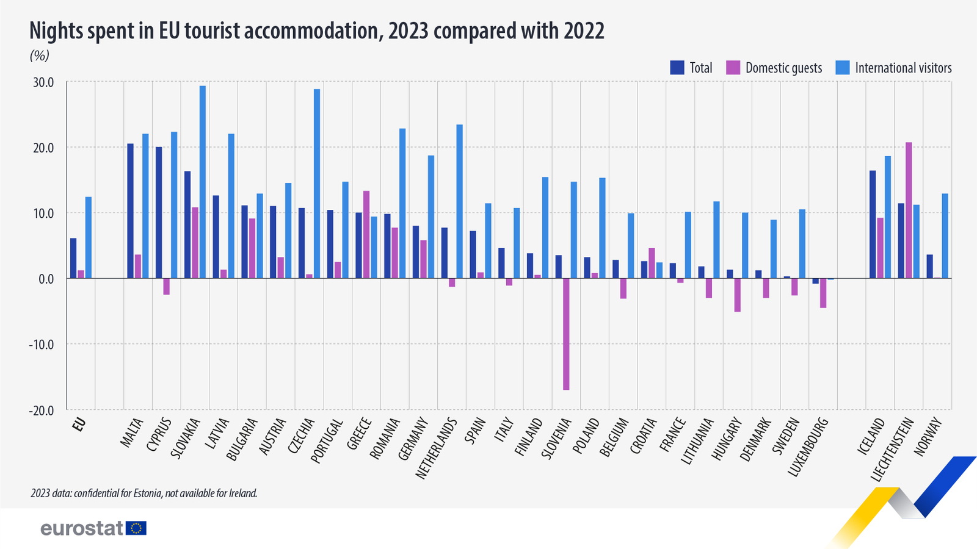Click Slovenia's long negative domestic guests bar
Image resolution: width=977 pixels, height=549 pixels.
click(x=566, y=334)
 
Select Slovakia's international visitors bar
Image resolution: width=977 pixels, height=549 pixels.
click(x=203, y=182)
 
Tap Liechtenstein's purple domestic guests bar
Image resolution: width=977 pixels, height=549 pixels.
click(x=909, y=210)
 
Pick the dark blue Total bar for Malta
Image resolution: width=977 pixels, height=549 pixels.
click(x=130, y=210)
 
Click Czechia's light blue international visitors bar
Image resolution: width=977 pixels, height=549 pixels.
click(x=317, y=184)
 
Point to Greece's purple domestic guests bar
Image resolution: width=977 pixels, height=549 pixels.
click(x=366, y=234)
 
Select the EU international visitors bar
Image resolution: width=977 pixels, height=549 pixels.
click(x=89, y=237)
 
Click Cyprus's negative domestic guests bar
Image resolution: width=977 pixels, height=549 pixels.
click(x=166, y=287)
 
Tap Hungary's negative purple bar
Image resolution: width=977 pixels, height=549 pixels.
click(x=738, y=295)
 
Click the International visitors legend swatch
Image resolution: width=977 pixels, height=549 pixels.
click(x=842, y=68)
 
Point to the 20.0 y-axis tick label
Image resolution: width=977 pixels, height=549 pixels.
click(x=41, y=148)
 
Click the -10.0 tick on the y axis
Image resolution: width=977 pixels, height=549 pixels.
click(x=40, y=345)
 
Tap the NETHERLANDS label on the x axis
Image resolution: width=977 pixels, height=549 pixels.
click(x=436, y=448)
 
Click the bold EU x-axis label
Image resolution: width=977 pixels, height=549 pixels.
click(x=78, y=425)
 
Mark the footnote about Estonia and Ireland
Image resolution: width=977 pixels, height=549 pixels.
click(x=144, y=493)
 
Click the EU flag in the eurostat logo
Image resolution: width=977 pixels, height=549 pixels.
click(x=136, y=528)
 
